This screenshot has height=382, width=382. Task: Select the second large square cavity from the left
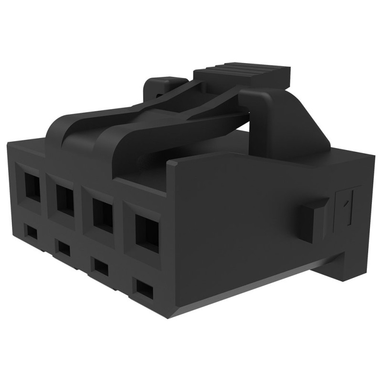tap(65, 198)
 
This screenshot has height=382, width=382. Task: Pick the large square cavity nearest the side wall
tap(147, 233)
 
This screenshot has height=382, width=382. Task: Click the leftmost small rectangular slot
tap(32, 232)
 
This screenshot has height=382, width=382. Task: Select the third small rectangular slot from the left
tap(101, 265)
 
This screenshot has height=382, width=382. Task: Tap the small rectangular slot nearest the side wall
tap(144, 287)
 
